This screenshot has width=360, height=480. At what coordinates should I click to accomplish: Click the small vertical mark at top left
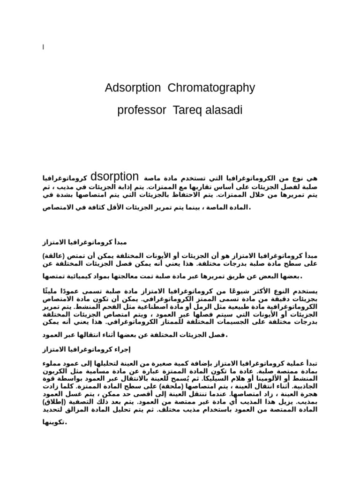43,47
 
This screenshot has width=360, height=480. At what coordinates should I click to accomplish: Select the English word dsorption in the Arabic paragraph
114,177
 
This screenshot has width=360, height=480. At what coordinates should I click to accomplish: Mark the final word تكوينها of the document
55,422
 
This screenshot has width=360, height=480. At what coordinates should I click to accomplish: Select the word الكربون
57,370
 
